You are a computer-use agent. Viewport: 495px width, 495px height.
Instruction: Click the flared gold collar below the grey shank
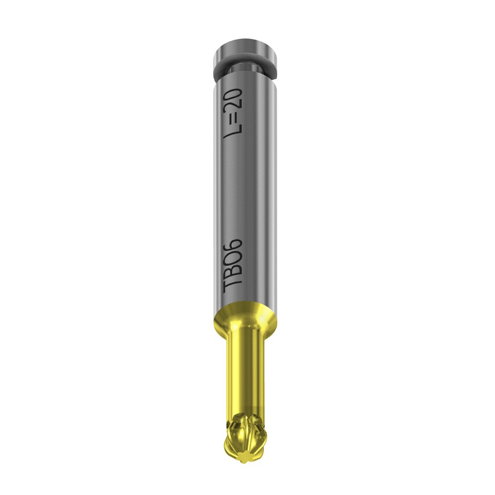(247, 317)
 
